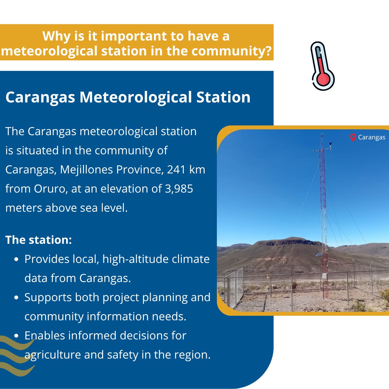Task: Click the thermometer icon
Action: tap(322, 66)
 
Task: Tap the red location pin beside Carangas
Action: tap(353, 137)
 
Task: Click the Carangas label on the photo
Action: tap(371, 137)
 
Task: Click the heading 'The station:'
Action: tap(39, 240)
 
